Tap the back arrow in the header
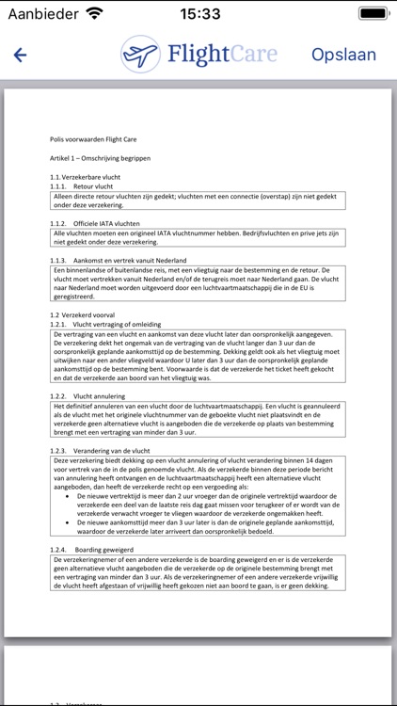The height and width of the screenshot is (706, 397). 20,55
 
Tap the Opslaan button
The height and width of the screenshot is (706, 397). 343,55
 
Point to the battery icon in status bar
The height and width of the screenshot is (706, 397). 371,13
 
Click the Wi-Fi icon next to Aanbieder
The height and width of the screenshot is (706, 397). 94,13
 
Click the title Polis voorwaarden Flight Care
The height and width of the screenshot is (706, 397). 93,139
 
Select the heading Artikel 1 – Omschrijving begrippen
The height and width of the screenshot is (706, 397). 101,158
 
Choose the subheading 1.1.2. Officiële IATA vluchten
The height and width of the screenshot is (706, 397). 95,223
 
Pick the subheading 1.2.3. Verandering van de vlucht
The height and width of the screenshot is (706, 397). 99,451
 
